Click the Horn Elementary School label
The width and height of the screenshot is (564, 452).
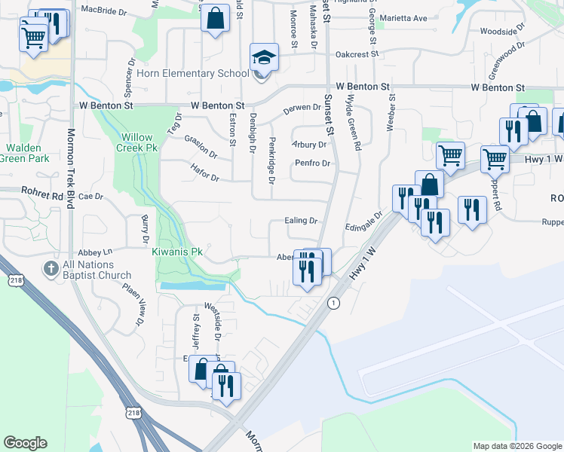coord(192,74)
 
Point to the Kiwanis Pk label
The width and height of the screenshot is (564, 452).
coord(177,252)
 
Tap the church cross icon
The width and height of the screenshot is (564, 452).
coord(51,268)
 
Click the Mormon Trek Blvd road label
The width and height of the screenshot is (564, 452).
coord(72,166)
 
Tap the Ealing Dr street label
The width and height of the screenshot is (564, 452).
coord(302,221)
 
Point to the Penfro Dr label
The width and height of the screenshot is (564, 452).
coord(313,163)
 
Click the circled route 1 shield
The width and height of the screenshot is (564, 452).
coord(332,302)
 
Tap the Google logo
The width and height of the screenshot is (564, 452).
coord(25,443)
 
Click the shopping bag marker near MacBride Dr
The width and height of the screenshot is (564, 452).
coord(215,20)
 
